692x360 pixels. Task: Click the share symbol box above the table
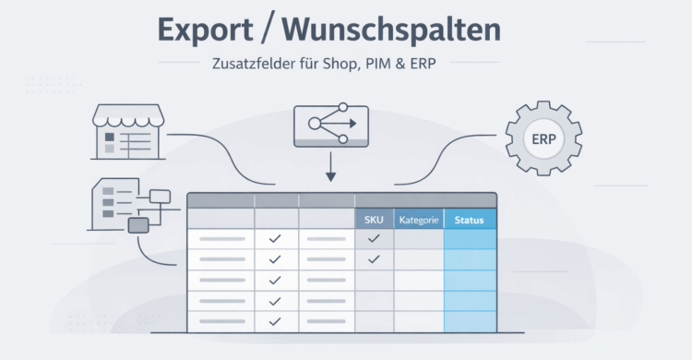pyautogui.click(x=329, y=125)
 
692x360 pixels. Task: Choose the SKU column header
pyautogui.click(x=374, y=220)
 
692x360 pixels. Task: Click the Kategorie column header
pyautogui.click(x=418, y=220)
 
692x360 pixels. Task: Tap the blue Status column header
pyautogui.click(x=470, y=220)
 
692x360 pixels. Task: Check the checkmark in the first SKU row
pyautogui.click(x=374, y=239)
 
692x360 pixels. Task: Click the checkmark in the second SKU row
pyautogui.click(x=374, y=259)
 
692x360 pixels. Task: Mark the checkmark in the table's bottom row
pyautogui.click(x=274, y=321)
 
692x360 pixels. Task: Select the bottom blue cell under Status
pyautogui.click(x=470, y=321)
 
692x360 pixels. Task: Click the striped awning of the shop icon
pyautogui.click(x=129, y=115)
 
